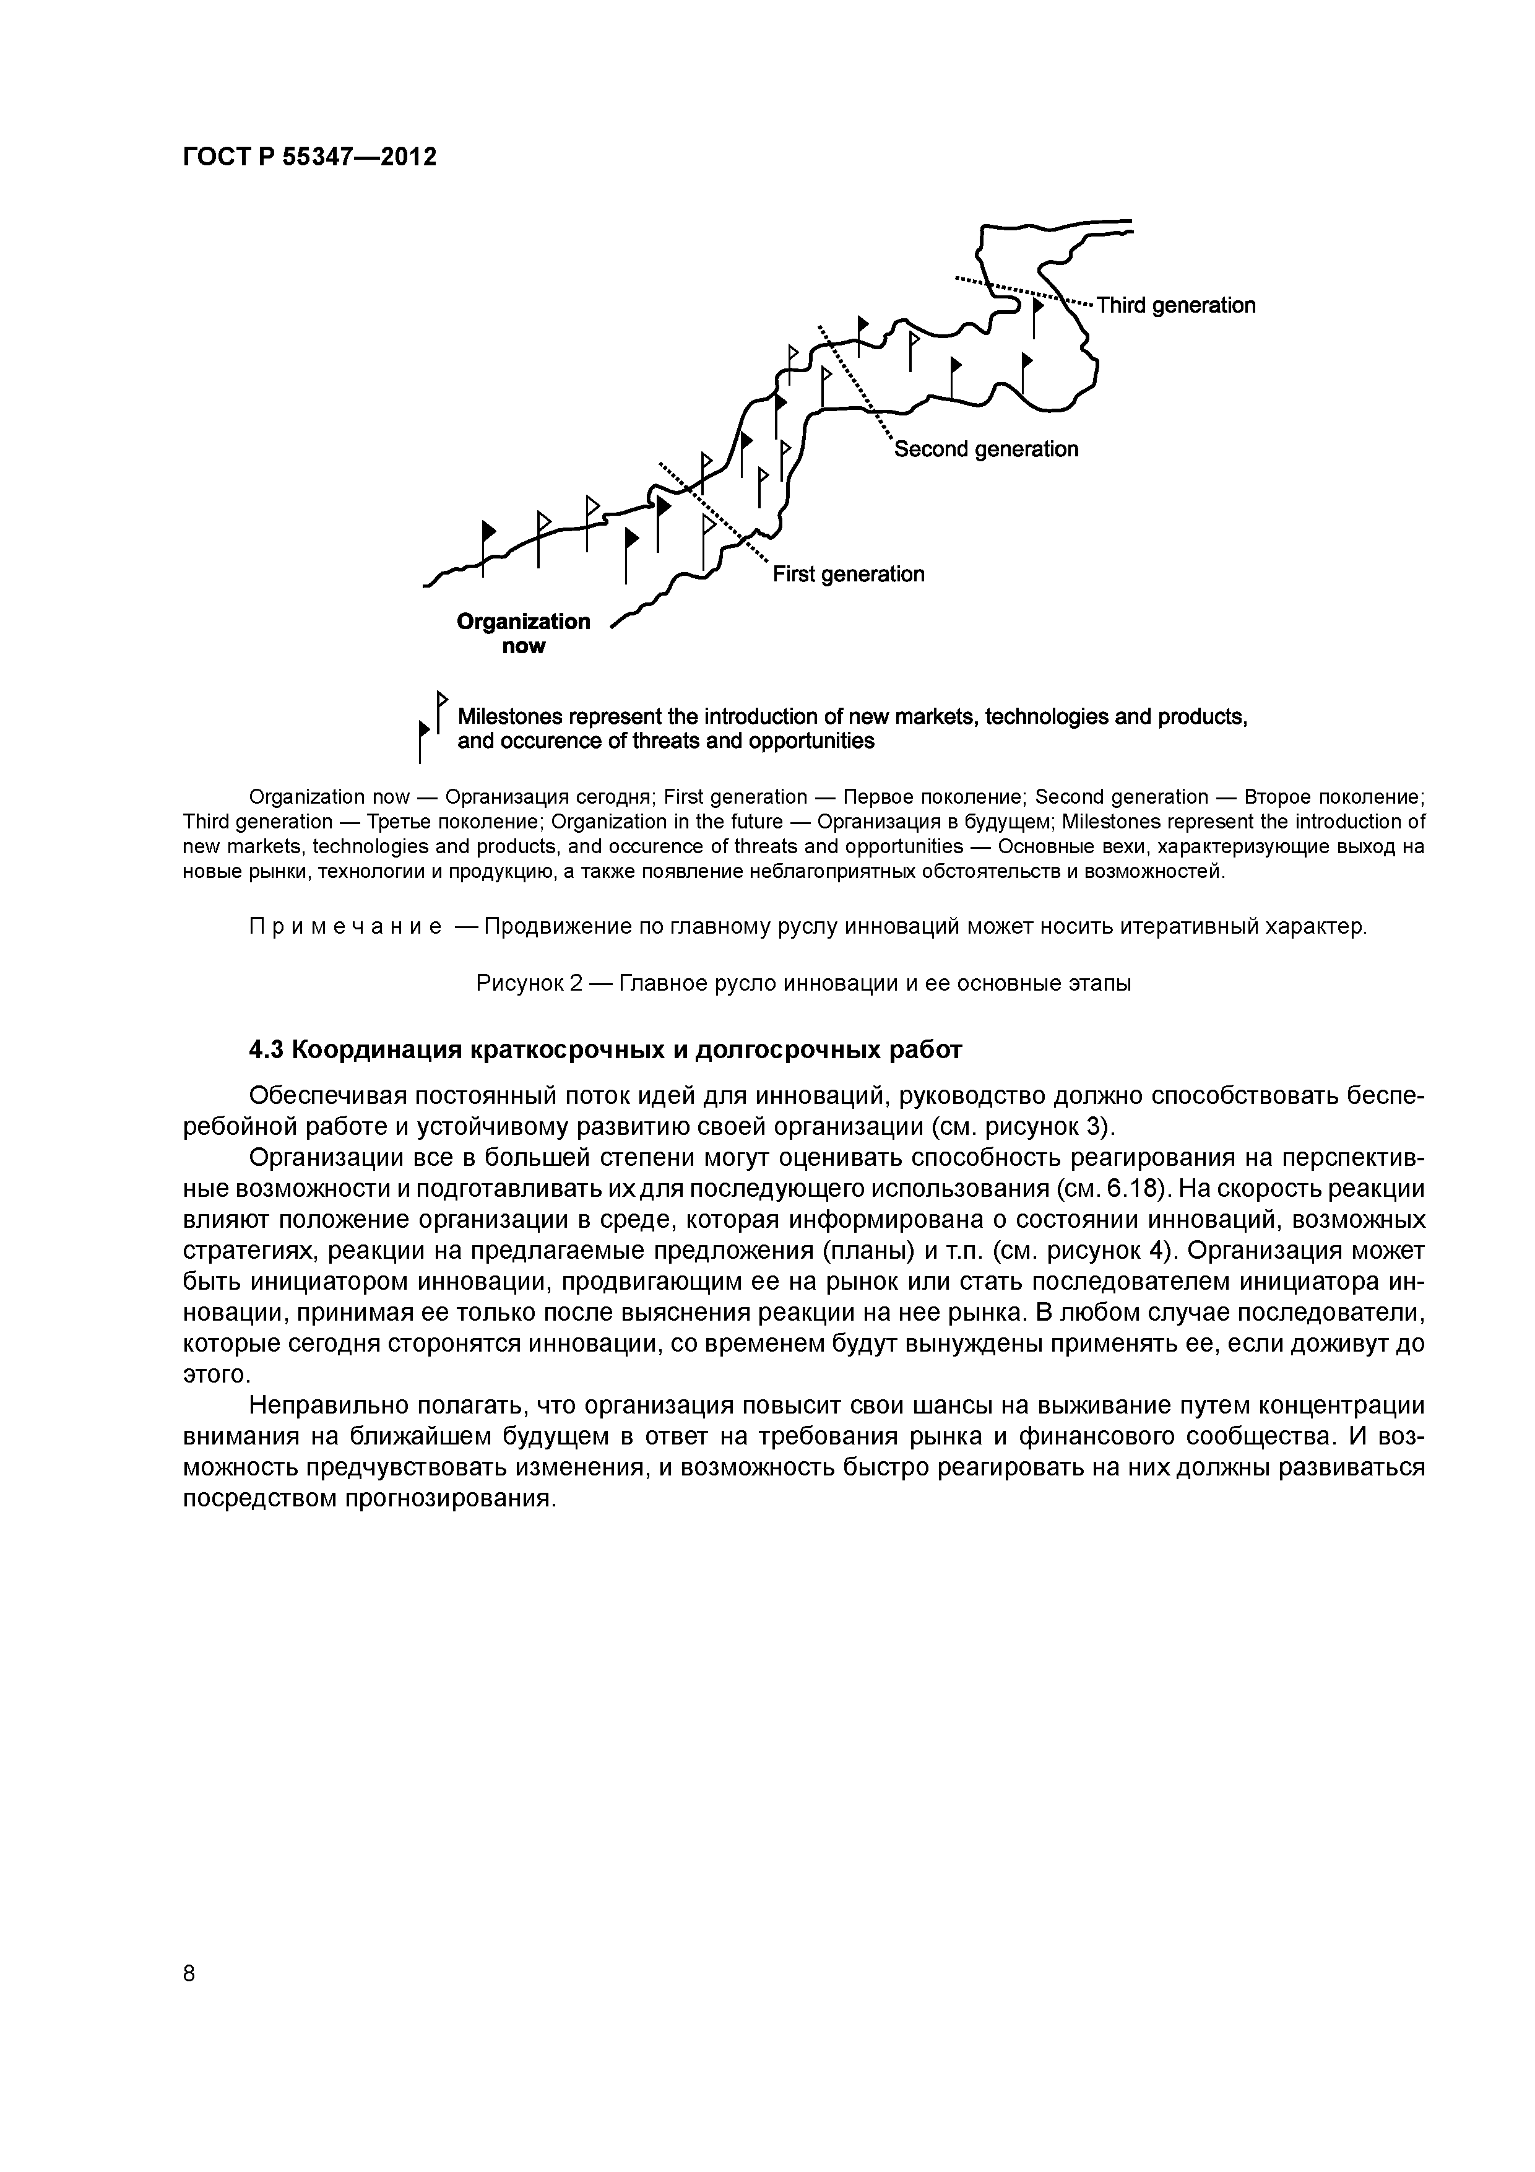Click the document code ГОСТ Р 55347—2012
click(309, 157)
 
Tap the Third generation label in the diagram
click(1175, 306)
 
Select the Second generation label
click(987, 450)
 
